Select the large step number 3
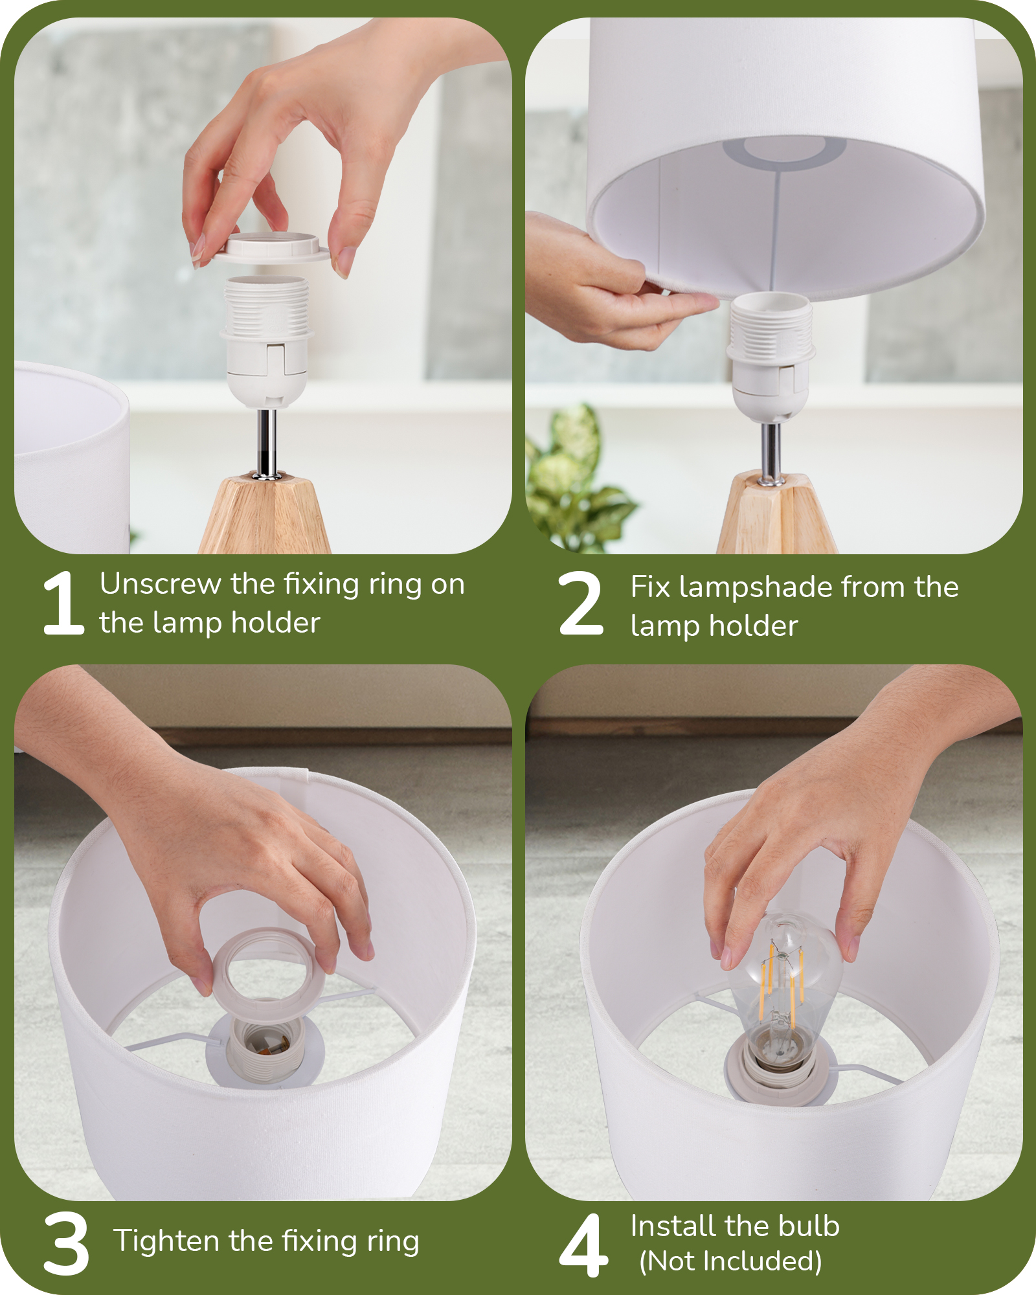(x=66, y=1244)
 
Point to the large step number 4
(x=583, y=1244)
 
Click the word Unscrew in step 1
(x=161, y=583)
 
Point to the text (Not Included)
(x=730, y=1261)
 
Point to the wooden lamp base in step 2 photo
(x=776, y=514)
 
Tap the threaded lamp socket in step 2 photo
(x=771, y=356)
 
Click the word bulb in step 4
(x=809, y=1226)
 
